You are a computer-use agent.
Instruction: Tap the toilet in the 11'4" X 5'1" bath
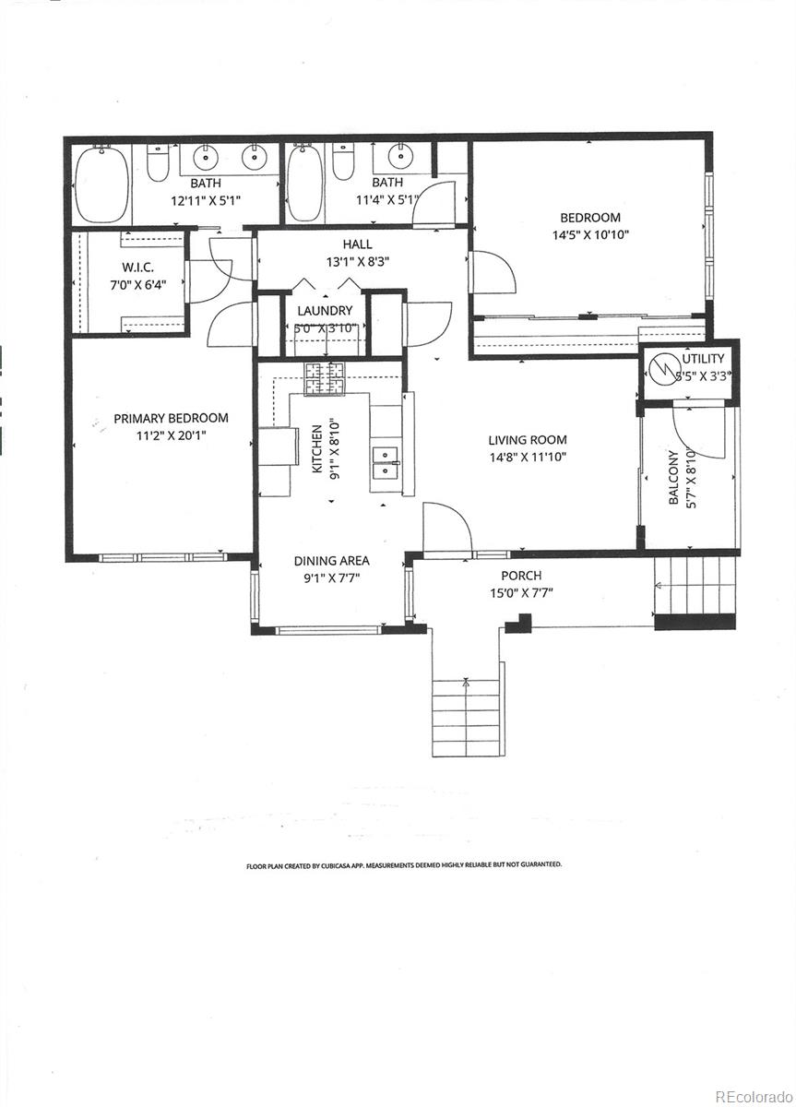pyautogui.click(x=343, y=162)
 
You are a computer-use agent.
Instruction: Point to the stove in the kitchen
pyautogui.click(x=324, y=377)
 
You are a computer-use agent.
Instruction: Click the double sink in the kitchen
pyautogui.click(x=385, y=462)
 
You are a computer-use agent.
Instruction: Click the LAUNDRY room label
pyautogui.click(x=324, y=311)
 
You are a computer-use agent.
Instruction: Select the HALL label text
pyautogui.click(x=357, y=244)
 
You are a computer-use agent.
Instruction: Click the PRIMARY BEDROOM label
pyautogui.click(x=171, y=418)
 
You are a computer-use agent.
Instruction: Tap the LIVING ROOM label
pyautogui.click(x=528, y=440)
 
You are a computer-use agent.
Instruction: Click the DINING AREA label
pyautogui.click(x=331, y=561)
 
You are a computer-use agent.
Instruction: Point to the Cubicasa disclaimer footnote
pyautogui.click(x=403, y=865)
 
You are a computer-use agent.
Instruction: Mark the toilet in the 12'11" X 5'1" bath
pyautogui.click(x=158, y=164)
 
